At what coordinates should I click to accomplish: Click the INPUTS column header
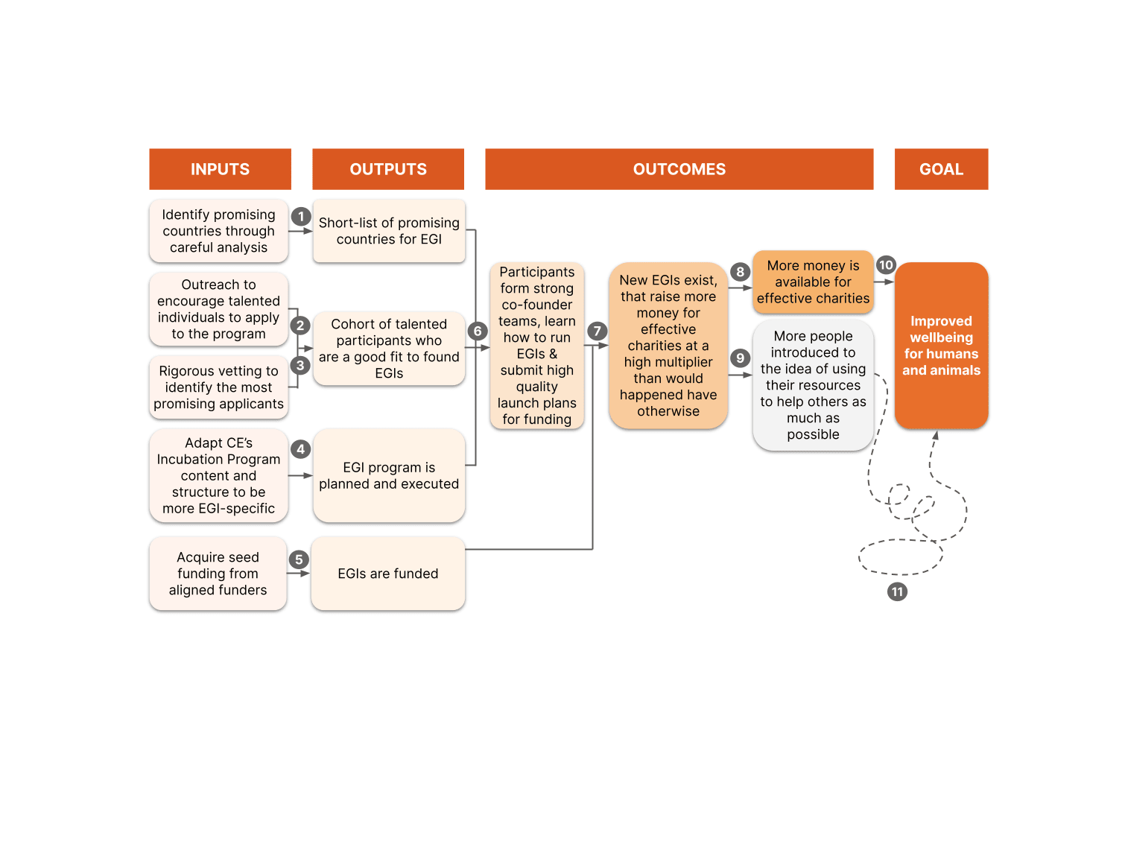click(x=220, y=169)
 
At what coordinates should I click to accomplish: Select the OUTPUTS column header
click(x=388, y=169)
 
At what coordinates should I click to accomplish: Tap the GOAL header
click(x=941, y=169)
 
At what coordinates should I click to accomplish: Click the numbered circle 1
click(x=301, y=216)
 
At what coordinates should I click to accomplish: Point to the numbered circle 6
click(x=477, y=331)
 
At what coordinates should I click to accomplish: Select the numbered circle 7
click(x=597, y=331)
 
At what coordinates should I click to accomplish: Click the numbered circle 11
click(x=897, y=592)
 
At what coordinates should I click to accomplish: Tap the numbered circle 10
click(x=886, y=265)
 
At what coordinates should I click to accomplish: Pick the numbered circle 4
click(x=301, y=449)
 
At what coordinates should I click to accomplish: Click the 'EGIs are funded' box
click(x=388, y=574)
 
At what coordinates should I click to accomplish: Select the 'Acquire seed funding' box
click(x=218, y=574)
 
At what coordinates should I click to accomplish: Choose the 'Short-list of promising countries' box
click(x=389, y=231)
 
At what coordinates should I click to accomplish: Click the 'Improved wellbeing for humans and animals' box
click(x=941, y=346)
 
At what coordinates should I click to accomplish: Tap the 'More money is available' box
click(x=813, y=282)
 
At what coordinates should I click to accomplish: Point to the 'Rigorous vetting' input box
click(x=218, y=387)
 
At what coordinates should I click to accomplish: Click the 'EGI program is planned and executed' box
click(x=389, y=475)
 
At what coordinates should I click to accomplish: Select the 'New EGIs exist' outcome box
click(x=668, y=346)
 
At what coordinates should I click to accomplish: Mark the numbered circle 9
click(x=740, y=358)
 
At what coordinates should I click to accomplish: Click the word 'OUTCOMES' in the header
click(x=679, y=169)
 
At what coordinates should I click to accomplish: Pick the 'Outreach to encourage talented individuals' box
click(x=218, y=309)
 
